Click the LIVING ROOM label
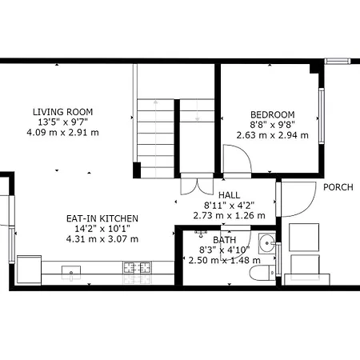coord(62,112)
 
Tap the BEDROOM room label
coord(273,114)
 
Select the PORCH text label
coord(338,187)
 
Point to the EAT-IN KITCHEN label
coord(102,218)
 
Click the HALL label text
coord(229,195)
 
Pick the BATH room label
coord(224,240)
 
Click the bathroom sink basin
coord(266,243)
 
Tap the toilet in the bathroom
coord(262,273)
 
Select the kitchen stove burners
coord(137,267)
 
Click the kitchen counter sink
coord(71,273)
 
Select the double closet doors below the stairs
coord(197,184)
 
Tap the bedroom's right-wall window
coord(322,116)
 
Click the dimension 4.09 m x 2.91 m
coord(62,133)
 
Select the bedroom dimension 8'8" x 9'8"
coord(273,125)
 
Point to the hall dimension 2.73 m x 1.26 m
coord(229,215)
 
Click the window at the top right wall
coord(338,61)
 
